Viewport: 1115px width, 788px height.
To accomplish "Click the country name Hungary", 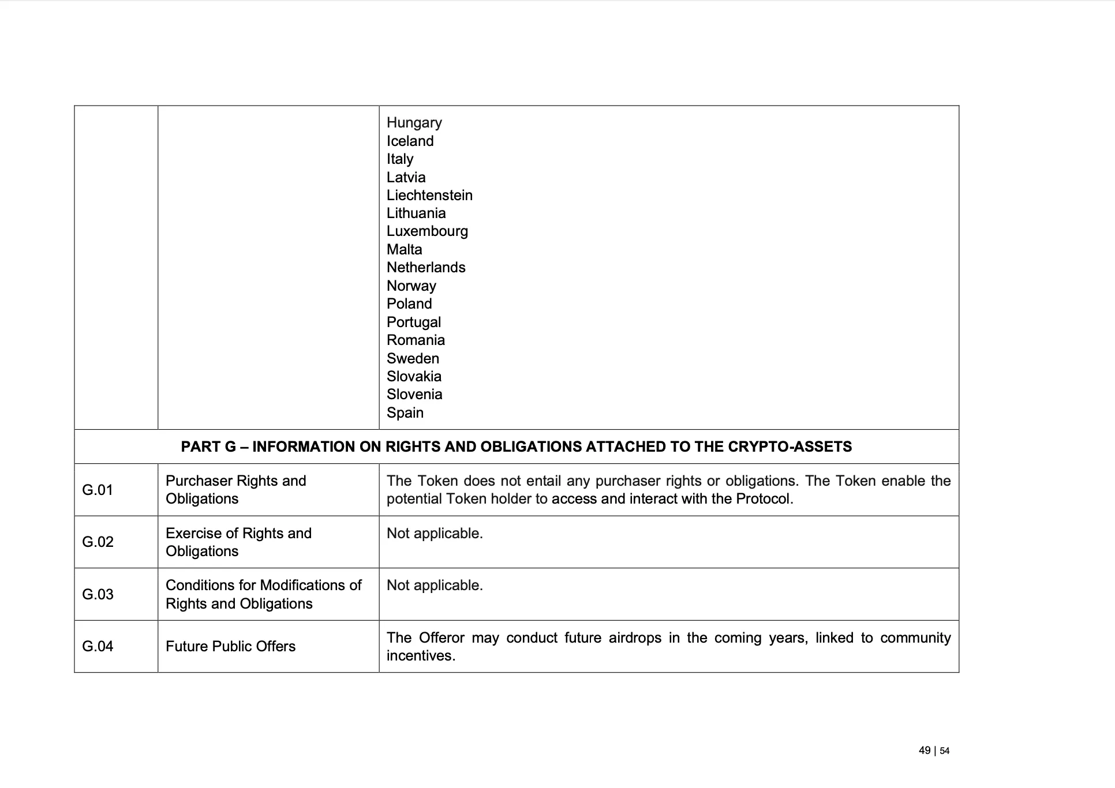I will [414, 123].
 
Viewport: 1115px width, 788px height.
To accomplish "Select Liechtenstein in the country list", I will [429, 196].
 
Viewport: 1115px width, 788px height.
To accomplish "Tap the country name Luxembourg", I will [427, 231].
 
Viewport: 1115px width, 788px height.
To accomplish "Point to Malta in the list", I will [404, 250].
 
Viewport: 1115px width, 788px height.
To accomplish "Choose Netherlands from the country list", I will [425, 268].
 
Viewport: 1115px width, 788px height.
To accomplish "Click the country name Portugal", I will [413, 322].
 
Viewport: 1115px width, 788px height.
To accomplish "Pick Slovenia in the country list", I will [414, 395].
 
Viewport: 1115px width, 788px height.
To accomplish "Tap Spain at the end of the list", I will [405, 413].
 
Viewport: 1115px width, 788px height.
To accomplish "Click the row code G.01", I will [98, 490].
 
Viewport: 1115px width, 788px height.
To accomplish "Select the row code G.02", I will [98, 542].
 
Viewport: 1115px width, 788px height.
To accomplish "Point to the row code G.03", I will [98, 594].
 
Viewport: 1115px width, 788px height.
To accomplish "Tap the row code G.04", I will [98, 646].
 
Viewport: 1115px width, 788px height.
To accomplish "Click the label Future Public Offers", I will [230, 646].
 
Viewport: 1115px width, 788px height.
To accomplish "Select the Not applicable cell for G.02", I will [434, 534].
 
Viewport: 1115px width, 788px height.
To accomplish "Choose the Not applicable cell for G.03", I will [434, 586].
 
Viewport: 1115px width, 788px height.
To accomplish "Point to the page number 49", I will [925, 751].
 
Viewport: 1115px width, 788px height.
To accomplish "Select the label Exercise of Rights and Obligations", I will [238, 542].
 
